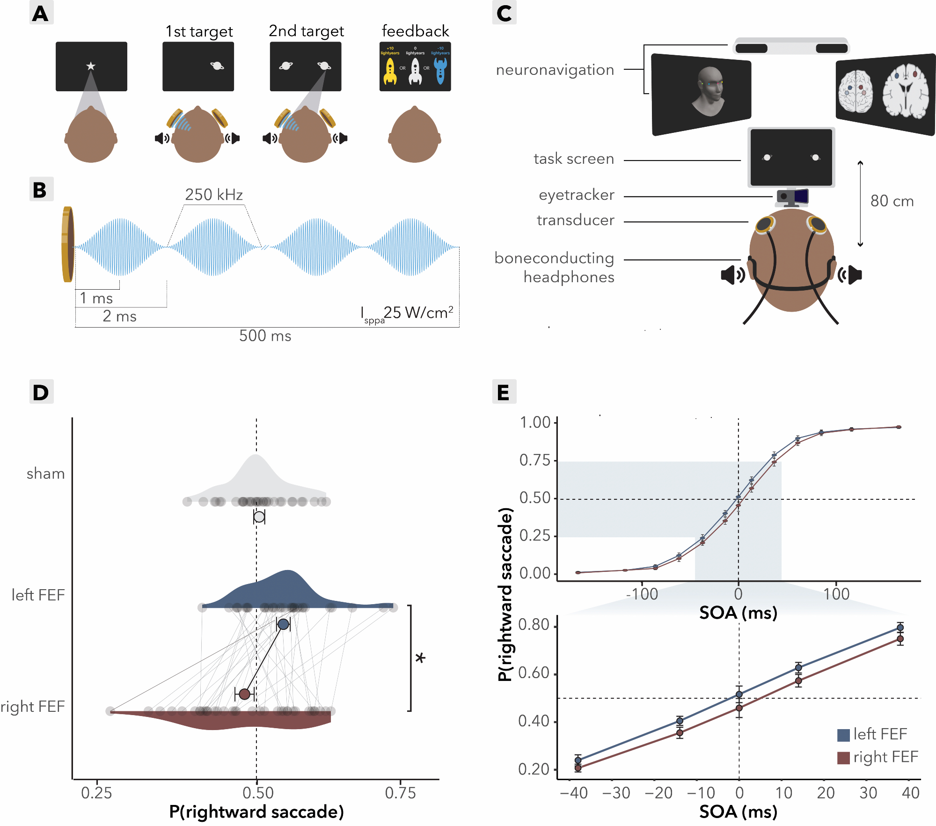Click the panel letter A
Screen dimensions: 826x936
tap(41, 13)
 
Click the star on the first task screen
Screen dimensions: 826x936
tap(91, 66)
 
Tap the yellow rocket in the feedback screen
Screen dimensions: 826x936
tap(390, 72)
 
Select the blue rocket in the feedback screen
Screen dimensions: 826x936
tap(440, 71)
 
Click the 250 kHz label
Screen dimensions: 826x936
tap(214, 195)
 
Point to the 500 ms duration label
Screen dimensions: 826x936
tap(265, 336)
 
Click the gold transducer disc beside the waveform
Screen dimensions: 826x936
tap(68, 244)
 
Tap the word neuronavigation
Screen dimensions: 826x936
tap(555, 70)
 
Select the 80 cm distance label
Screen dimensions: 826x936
tap(892, 201)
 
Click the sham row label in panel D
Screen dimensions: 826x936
tap(45, 474)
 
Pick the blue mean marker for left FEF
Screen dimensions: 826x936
tap(283, 624)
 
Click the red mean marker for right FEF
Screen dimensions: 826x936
tap(244, 694)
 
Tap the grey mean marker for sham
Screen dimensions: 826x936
tap(259, 517)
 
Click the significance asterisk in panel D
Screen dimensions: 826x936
tap(420, 658)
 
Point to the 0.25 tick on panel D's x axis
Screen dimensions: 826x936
tap(96, 793)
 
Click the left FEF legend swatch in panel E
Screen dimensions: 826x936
tap(843, 735)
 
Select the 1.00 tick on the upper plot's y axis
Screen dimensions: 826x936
tap(535, 423)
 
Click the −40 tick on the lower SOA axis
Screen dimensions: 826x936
tap(574, 793)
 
